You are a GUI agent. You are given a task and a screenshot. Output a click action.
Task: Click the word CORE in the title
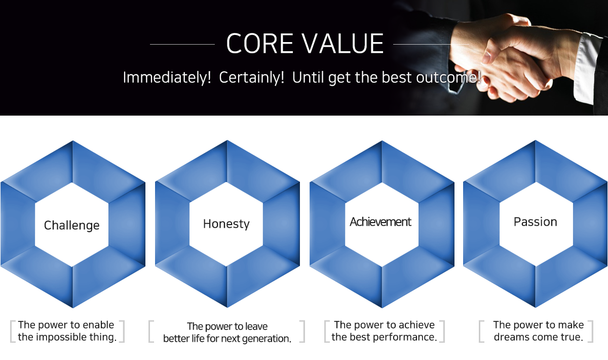[x=260, y=44]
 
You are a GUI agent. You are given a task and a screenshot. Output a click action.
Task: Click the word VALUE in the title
[x=343, y=44]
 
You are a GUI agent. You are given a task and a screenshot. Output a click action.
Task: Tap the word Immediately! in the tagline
[x=167, y=78]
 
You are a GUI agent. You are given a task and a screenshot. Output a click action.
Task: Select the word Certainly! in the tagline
[x=252, y=78]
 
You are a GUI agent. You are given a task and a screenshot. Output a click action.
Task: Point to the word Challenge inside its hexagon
[x=71, y=225]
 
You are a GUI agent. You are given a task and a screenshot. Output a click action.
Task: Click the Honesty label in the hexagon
[x=226, y=224]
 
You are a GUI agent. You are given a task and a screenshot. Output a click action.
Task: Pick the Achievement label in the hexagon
[x=381, y=222]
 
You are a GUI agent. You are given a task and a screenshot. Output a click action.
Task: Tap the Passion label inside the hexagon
[x=535, y=222]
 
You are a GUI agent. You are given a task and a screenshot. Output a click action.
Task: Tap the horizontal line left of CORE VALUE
[x=182, y=44]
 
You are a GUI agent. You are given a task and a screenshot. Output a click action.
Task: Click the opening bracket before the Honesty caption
[x=151, y=332]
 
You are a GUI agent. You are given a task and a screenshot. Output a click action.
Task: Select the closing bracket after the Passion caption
[x=591, y=332]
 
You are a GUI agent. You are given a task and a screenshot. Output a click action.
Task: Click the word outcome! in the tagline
[x=449, y=78]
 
